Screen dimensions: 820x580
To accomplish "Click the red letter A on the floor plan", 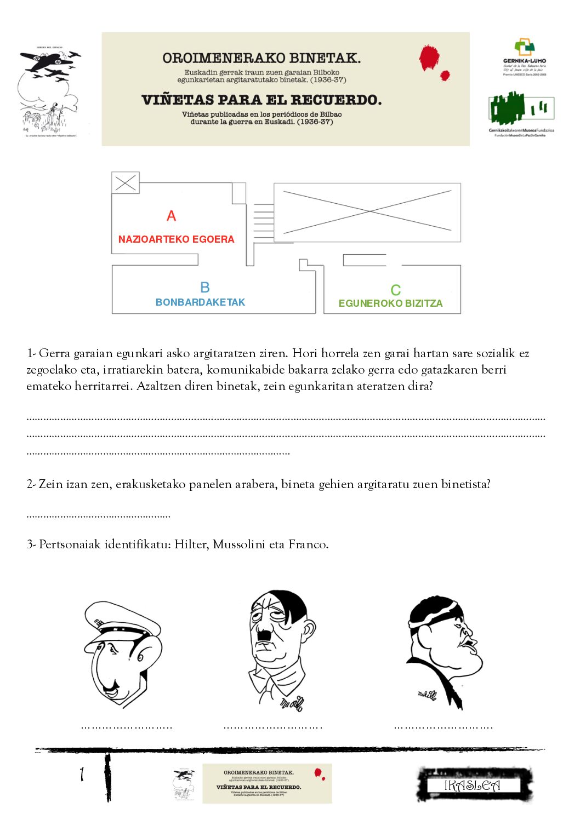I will point(172,216).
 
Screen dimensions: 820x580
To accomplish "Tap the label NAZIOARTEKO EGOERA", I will point(176,239).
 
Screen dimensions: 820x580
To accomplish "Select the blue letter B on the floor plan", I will point(205,288).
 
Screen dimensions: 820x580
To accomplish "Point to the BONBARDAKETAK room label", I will point(200,302).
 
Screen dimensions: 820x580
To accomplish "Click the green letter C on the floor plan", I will point(395,290).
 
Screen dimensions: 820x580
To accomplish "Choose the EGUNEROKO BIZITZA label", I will point(390,303).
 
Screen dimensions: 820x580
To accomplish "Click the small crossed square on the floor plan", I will point(126,183).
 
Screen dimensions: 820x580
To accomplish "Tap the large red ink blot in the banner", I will point(429,58).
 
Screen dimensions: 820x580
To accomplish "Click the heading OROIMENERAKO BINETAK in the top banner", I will point(261,58).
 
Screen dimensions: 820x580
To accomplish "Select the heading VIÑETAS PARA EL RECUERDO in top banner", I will point(261,100).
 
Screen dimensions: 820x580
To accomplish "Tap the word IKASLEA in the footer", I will point(472,785).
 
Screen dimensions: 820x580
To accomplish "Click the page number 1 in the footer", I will point(82,774).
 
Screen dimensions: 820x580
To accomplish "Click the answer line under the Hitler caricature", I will point(272,727).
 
